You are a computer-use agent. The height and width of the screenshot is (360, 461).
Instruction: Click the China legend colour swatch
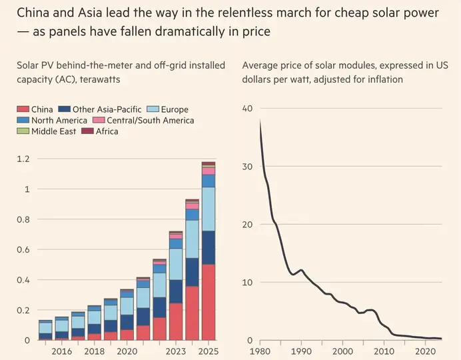pyautogui.click(x=23, y=109)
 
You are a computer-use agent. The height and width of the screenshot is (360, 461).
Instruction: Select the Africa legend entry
pyautogui.click(x=100, y=131)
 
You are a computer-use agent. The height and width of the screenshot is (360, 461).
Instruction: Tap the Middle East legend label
pyautogui.click(x=53, y=131)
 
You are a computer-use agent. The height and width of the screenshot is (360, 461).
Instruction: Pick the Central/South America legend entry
pyautogui.click(x=143, y=120)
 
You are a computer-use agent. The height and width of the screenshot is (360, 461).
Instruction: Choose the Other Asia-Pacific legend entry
pyautogui.click(x=100, y=109)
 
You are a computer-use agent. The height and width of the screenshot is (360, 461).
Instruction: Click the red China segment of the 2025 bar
pyautogui.click(x=209, y=302)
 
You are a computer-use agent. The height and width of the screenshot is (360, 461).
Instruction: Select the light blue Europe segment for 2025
pyautogui.click(x=209, y=209)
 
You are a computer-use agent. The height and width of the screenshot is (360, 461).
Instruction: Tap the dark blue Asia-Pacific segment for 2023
pyautogui.click(x=176, y=291)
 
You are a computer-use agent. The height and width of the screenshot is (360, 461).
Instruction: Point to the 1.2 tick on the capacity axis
pyautogui.click(x=23, y=159)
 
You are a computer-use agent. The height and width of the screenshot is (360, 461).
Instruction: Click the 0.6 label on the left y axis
pyautogui.click(x=23, y=249)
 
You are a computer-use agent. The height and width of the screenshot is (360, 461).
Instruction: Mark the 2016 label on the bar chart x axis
pyautogui.click(x=62, y=351)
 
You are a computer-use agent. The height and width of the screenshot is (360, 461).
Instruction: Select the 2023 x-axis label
pyautogui.click(x=176, y=351)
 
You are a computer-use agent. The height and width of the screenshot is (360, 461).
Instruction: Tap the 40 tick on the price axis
pyautogui.click(x=247, y=108)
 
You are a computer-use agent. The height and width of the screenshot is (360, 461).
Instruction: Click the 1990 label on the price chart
pyautogui.click(x=301, y=351)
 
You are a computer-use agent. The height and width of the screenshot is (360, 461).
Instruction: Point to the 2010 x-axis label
pyautogui.click(x=384, y=351)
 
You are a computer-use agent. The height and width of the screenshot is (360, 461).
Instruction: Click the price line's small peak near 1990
pyautogui.click(x=301, y=270)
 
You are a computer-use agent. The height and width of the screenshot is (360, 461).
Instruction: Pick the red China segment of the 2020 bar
pyautogui.click(x=127, y=335)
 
